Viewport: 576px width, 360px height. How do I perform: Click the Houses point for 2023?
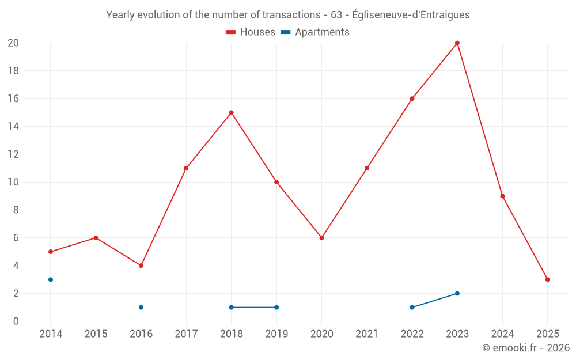(457, 43)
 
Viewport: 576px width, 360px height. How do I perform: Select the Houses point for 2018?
(232, 113)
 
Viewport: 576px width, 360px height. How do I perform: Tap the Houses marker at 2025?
(548, 279)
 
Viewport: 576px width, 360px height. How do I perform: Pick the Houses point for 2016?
(141, 266)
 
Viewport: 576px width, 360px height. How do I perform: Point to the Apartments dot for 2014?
(51, 279)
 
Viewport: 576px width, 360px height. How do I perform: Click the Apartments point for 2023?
(457, 293)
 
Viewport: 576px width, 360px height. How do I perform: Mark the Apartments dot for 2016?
(141, 307)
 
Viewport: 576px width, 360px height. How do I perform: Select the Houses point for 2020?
(322, 238)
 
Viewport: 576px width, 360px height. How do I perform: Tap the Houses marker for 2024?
(502, 196)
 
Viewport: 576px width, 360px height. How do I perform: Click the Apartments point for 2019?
(276, 307)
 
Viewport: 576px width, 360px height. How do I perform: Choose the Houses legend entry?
(251, 32)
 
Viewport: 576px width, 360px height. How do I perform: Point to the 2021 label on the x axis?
(367, 334)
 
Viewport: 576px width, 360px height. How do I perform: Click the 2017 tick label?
(186, 334)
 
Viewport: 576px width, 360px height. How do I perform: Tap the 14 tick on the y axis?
(13, 127)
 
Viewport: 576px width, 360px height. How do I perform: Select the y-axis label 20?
(13, 43)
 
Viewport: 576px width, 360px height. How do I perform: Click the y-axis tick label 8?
(16, 210)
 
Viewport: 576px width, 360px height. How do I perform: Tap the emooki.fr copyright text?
(526, 348)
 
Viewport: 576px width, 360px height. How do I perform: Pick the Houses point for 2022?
(412, 98)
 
